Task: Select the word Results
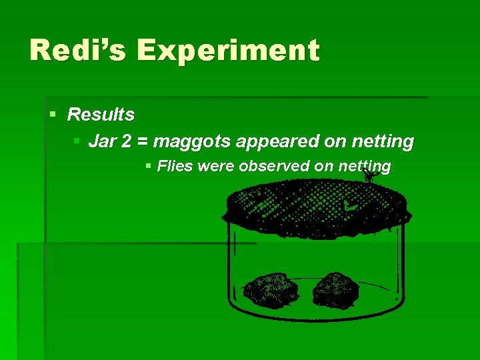click(x=101, y=115)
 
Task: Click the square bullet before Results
click(x=53, y=115)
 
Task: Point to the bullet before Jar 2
click(x=77, y=141)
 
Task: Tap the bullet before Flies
click(x=149, y=166)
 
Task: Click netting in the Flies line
click(x=365, y=167)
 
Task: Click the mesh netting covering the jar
click(x=313, y=203)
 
